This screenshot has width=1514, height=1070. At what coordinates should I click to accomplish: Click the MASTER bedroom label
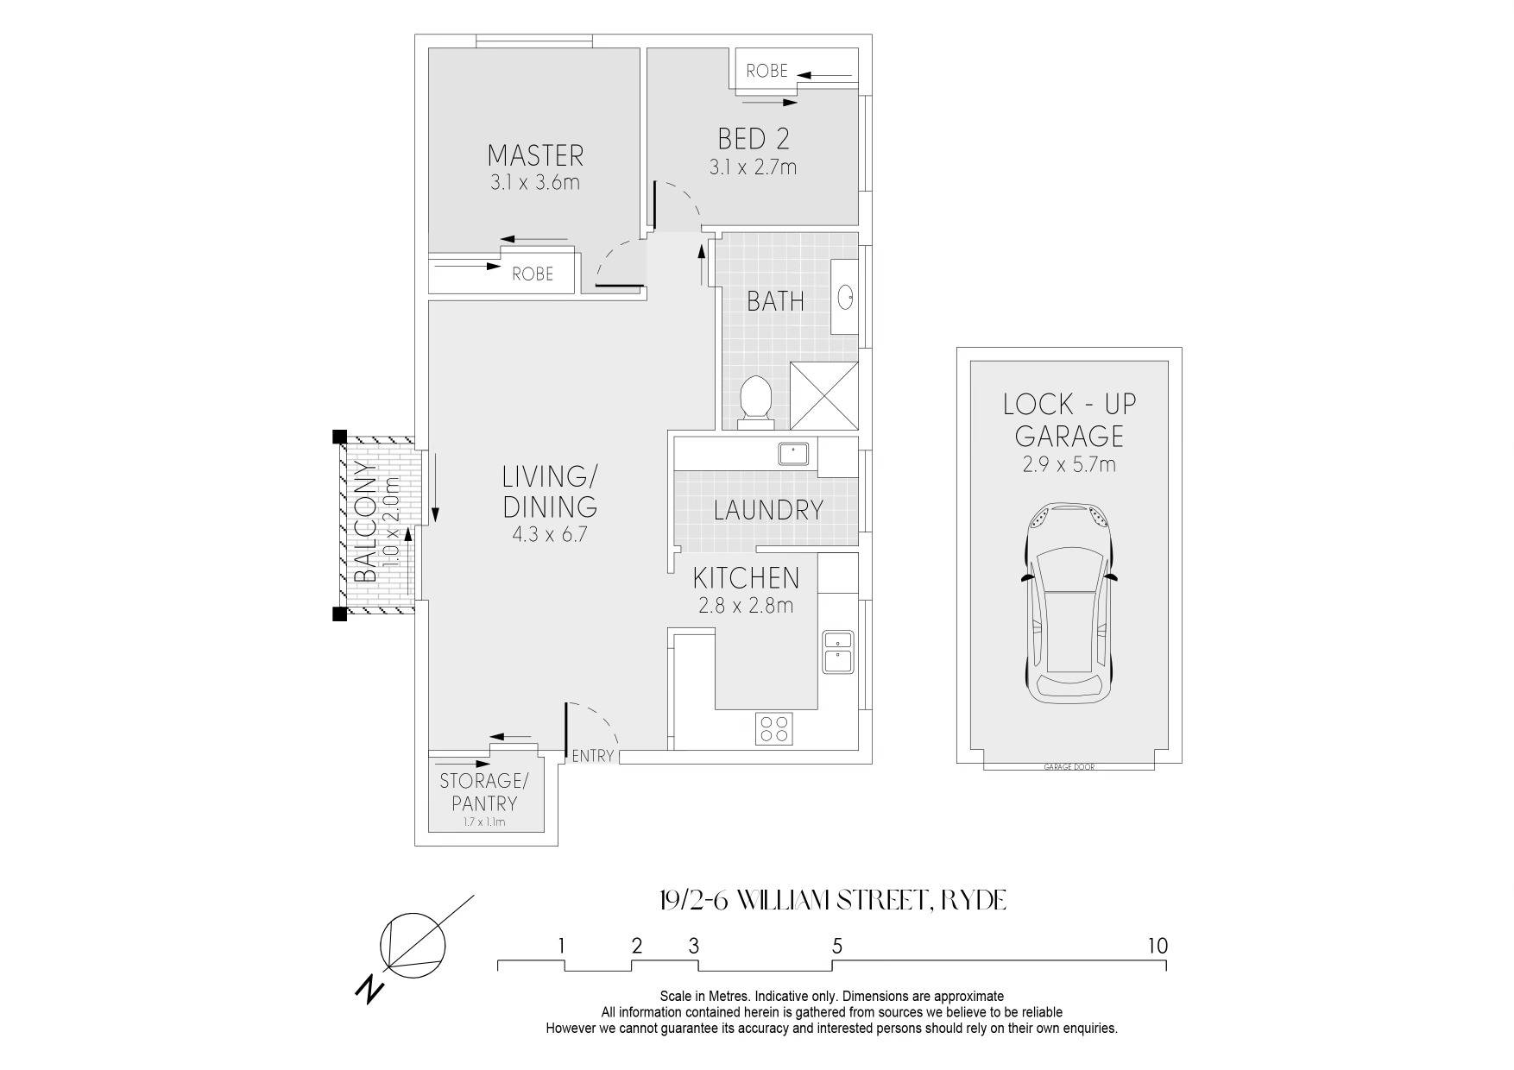[x=535, y=155]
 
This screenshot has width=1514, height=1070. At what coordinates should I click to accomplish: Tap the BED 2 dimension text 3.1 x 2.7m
[x=753, y=167]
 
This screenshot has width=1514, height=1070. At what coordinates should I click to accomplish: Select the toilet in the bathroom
[x=756, y=401]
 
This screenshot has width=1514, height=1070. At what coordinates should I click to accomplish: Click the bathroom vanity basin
[x=845, y=298]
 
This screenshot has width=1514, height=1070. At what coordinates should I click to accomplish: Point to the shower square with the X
[x=824, y=395]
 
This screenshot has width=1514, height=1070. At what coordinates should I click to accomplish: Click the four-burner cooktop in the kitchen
[x=774, y=727]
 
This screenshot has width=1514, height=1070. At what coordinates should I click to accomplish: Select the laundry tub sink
[x=792, y=452]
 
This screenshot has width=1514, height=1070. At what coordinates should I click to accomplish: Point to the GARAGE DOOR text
[x=1069, y=767]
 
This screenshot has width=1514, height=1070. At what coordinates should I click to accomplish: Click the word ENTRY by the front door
[x=593, y=756]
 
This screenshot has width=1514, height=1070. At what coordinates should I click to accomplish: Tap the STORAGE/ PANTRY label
[x=483, y=792]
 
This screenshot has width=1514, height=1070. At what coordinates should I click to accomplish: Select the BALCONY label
[x=366, y=523]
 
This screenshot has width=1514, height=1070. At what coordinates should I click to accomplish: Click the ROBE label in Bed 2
[x=767, y=71]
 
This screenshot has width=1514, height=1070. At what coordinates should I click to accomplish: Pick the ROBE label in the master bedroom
[x=533, y=274]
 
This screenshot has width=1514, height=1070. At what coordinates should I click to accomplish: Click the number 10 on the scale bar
[x=1158, y=946]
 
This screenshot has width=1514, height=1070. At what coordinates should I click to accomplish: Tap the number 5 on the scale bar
[x=837, y=946]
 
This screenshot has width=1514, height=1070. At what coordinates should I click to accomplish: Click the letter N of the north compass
[x=369, y=989]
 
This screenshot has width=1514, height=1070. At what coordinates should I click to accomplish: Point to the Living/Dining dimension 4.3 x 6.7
[x=550, y=534]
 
